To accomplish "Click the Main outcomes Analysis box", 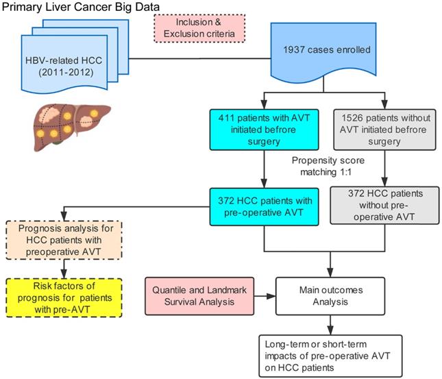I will (x=332, y=296).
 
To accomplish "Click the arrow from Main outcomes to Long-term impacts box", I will (x=332, y=322).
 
